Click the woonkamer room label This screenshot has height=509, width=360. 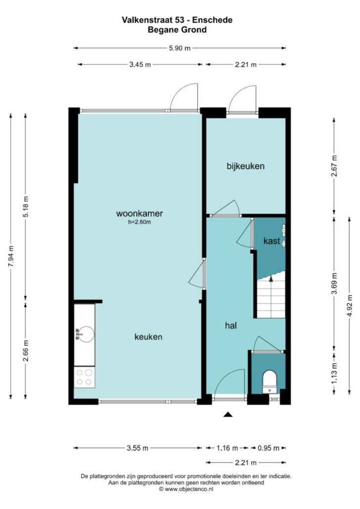click(x=139, y=213)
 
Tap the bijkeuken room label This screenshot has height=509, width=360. click(x=245, y=166)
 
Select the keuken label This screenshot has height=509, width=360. click(x=148, y=337)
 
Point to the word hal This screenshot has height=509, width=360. click(x=230, y=325)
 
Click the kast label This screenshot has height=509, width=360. click(x=271, y=241)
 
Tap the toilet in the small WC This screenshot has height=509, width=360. click(x=270, y=382)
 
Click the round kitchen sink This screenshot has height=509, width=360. click(x=86, y=334)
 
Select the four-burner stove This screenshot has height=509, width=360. click(x=85, y=377)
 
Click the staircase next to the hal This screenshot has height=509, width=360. click(x=271, y=295)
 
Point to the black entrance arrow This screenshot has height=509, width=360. click(x=228, y=414)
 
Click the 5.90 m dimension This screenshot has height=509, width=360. click(x=180, y=48)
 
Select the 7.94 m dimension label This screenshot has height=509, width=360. click(x=11, y=256)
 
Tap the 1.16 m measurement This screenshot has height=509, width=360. click(x=227, y=448)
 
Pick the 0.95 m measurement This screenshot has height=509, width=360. click(x=269, y=448)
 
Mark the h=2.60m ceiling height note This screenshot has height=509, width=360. click(x=139, y=222)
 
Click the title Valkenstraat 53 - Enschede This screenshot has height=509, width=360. click(x=177, y=20)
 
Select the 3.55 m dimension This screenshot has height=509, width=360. click(x=137, y=448)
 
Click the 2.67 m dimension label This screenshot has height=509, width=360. click(x=334, y=166)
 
